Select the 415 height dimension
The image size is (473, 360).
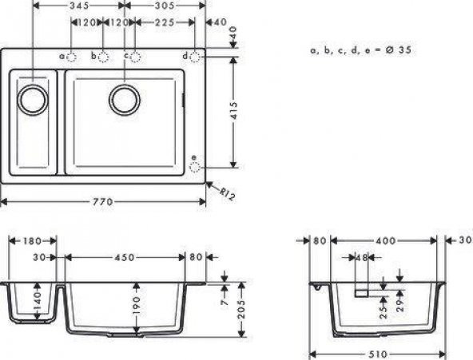pyautogui.click(x=233, y=113)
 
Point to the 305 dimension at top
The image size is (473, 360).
pyautogui.click(x=165, y=6)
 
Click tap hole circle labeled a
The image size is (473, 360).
pyautogui.click(x=71, y=57)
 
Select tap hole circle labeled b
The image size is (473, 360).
pyautogui.click(x=103, y=57)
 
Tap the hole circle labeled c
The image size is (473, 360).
pyautogui.click(x=136, y=57)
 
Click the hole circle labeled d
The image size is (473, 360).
pyautogui.click(x=196, y=57)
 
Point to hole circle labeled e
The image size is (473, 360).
pyautogui.click(x=195, y=167)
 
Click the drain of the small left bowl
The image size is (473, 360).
pyautogui.click(x=34, y=99)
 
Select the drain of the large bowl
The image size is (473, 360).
pyautogui.click(x=124, y=99)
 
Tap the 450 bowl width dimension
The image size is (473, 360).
pyautogui.click(x=124, y=258)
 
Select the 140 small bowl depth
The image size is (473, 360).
pyautogui.click(x=38, y=301)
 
